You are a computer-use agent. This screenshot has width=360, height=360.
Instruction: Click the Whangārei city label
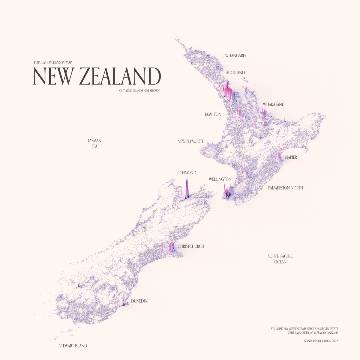click(x=235, y=55)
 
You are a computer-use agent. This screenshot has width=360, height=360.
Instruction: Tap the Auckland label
click(x=235, y=73)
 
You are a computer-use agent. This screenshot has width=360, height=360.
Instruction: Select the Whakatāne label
click(x=273, y=104)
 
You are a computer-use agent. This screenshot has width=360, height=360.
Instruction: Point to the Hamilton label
click(x=212, y=114)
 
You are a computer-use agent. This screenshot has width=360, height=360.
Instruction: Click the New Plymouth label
click(x=191, y=141)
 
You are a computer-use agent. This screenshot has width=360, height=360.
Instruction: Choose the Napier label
click(x=291, y=157)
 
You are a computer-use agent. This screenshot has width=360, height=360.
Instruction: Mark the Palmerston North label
click(x=286, y=188)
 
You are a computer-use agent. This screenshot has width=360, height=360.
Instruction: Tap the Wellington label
click(x=220, y=179)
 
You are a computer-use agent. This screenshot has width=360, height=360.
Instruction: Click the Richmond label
click(x=186, y=173)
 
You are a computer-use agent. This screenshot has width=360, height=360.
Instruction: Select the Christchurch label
click(x=191, y=246)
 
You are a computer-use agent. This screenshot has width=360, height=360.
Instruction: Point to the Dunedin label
click(x=139, y=301)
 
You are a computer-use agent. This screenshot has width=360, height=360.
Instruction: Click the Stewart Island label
click(x=73, y=346)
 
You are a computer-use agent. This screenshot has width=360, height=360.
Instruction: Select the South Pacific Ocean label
click(x=280, y=259)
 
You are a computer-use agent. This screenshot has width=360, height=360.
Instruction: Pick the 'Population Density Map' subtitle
click(x=53, y=62)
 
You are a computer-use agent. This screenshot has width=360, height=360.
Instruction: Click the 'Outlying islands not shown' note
click(x=139, y=90)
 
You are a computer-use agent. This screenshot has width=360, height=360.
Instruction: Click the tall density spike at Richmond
click(x=187, y=187)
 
